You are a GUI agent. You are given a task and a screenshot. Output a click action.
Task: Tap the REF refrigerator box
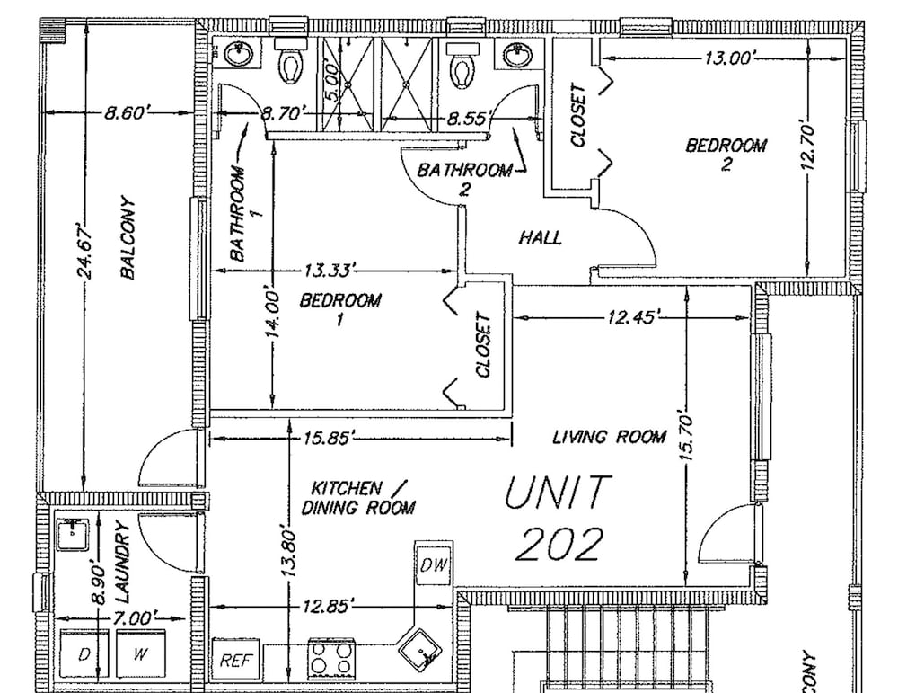click(x=236, y=660)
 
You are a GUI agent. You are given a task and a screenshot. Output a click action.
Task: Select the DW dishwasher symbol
click(x=434, y=564)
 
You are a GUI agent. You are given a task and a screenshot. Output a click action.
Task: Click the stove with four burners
click(x=331, y=658)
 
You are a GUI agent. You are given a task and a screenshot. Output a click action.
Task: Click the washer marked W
click(x=141, y=654)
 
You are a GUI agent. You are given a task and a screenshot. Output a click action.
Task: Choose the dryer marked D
click(x=84, y=654)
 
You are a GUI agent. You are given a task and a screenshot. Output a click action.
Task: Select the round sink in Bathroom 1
click(x=239, y=55)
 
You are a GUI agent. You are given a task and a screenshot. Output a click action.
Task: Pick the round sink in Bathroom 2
click(x=518, y=56)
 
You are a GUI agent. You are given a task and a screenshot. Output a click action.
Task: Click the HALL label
click(x=540, y=237)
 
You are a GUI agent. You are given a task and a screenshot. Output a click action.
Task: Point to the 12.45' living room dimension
click(x=631, y=316)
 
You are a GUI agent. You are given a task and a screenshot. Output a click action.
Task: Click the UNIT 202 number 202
click(x=559, y=544)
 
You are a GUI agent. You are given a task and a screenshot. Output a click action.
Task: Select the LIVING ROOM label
click(x=610, y=438)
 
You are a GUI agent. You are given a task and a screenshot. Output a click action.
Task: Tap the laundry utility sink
click(x=72, y=533)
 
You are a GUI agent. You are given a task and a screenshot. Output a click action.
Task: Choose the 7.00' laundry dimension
click(x=133, y=617)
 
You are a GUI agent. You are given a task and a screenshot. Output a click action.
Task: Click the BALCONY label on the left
click(x=128, y=237)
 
